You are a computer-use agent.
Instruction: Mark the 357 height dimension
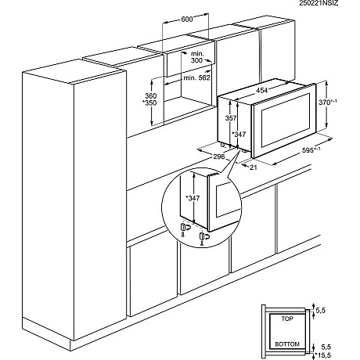(231, 118)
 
